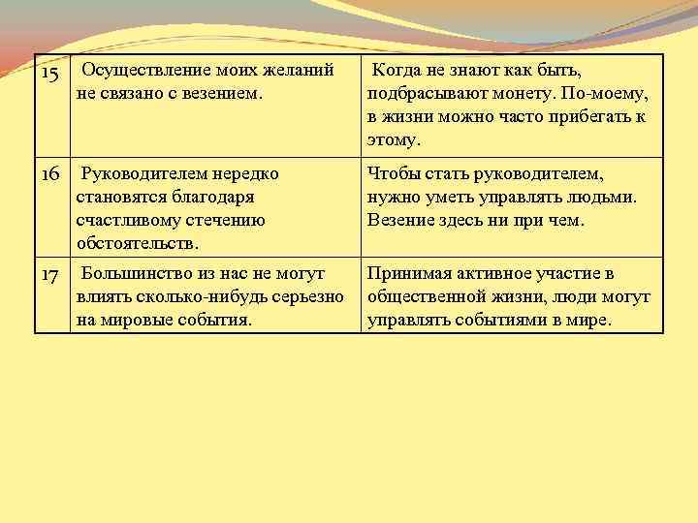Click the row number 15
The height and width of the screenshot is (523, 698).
[x=50, y=75]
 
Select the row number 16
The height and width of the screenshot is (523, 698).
[x=50, y=174]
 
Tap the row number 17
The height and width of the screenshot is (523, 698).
[x=50, y=275]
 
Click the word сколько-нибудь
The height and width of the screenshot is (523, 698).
[x=193, y=297]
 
